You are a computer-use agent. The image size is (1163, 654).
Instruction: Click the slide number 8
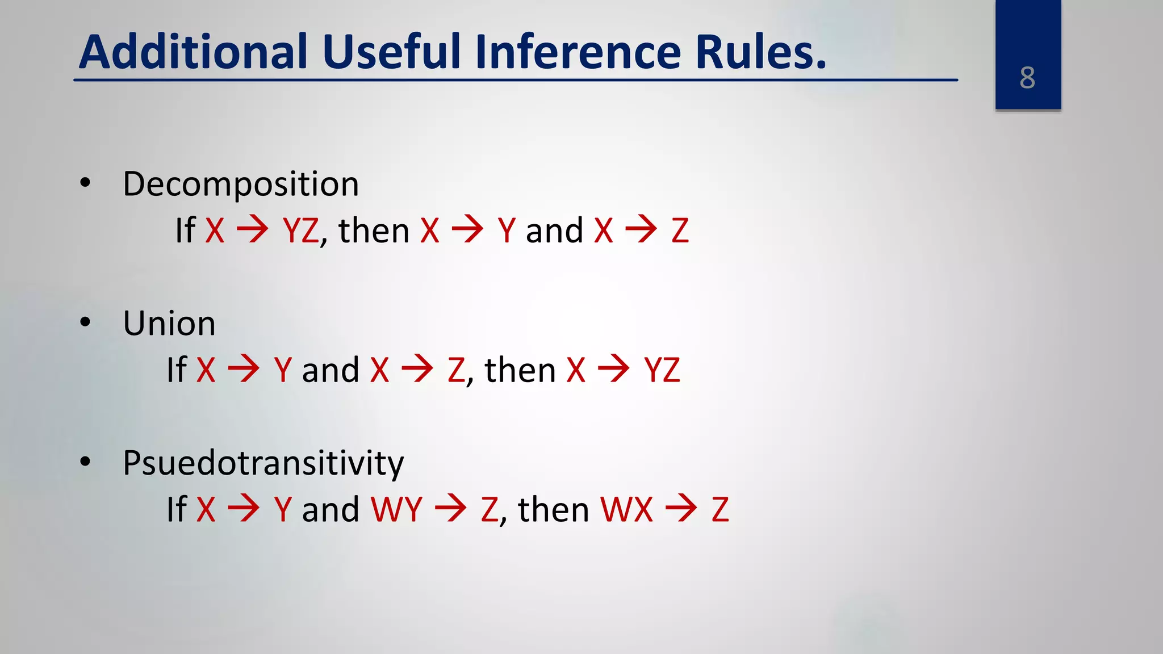tap(1027, 78)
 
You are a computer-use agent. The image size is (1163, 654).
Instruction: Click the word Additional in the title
tap(193, 52)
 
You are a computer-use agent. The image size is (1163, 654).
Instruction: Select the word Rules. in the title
tap(761, 52)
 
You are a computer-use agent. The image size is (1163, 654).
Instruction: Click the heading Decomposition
tap(241, 185)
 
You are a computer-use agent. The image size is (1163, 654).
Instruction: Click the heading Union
tap(169, 324)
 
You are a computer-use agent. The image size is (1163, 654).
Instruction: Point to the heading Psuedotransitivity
tap(263, 463)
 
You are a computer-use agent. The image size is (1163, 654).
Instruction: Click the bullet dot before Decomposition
tap(85, 183)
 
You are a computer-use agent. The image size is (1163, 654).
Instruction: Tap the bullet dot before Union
tap(85, 322)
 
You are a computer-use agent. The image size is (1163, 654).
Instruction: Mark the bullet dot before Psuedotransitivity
tap(85, 462)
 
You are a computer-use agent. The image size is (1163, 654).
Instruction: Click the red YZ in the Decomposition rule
tap(301, 231)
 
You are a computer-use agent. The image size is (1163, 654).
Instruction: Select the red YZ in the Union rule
tap(662, 370)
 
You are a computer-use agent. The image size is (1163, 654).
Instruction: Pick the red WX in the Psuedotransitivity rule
tap(627, 509)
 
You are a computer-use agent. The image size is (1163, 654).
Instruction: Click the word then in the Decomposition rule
tap(374, 231)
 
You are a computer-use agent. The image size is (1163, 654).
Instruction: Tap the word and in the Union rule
tap(331, 370)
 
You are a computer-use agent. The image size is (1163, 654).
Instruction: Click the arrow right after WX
tap(681, 508)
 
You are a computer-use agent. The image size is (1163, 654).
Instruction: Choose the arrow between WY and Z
tap(451, 508)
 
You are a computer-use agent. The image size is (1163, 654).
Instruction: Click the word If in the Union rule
tap(177, 370)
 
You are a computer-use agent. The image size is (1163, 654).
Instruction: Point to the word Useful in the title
tap(392, 52)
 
